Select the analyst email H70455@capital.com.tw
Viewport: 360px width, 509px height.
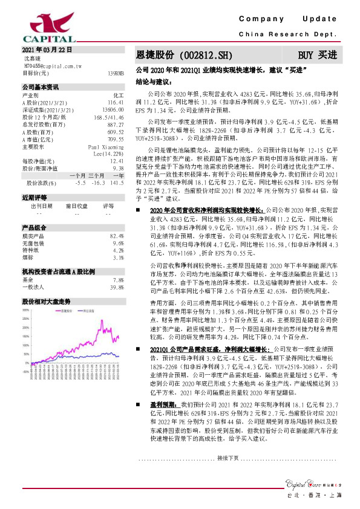click(49, 65)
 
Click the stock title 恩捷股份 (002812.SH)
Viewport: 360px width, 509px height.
click(175, 54)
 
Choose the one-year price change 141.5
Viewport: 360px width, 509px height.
click(116, 182)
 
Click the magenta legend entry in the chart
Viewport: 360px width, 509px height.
click(64, 312)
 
